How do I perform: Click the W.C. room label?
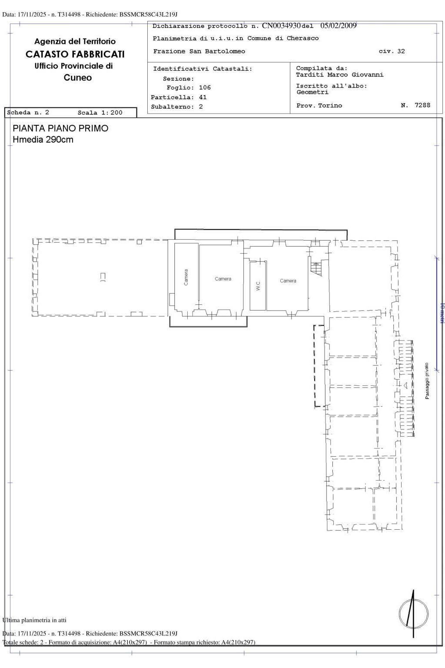pos(258,286)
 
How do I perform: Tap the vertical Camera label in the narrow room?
pos(186,277)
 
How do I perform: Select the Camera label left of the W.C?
pos(223,279)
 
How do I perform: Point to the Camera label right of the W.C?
pos(288,281)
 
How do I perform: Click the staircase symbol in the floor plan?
pos(316,268)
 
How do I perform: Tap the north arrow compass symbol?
pos(413,614)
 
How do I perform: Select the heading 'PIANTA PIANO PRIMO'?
pos(60,129)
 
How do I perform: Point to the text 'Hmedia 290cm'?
pos(43,140)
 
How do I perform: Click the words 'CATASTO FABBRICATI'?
pos(75,54)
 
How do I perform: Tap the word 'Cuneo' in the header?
pos(78,78)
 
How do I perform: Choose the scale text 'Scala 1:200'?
pos(100,113)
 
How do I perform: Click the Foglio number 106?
pos(205,88)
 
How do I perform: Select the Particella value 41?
pos(203,97)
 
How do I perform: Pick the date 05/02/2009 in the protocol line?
pos(338,26)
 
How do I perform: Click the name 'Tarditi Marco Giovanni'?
pos(340,75)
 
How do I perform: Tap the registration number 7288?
pos(422,105)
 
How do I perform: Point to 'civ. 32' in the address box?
pos(392,51)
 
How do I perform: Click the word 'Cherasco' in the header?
pos(302,38)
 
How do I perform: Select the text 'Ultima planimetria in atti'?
pos(35,620)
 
